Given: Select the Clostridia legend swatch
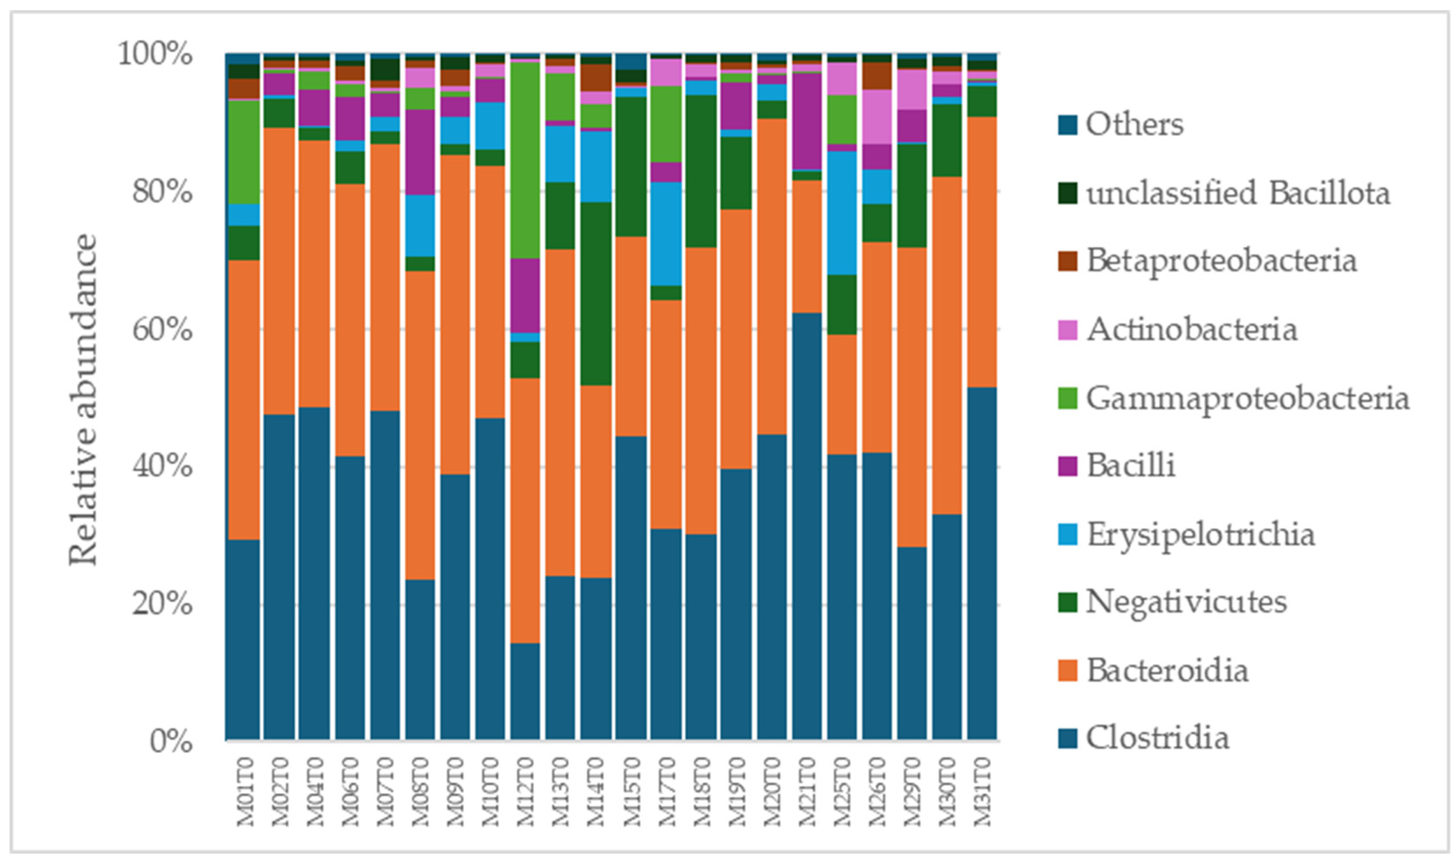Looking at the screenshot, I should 1067,738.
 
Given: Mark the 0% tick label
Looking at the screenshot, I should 170,741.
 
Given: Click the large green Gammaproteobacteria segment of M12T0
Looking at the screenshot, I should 525,160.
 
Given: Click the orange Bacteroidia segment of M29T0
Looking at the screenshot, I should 912,397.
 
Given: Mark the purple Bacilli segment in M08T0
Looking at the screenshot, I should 420,152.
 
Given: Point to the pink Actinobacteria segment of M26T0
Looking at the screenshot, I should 877,117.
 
